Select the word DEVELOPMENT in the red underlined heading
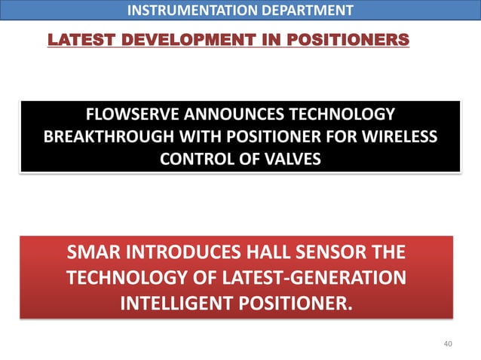coord(167,38)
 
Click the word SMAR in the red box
coord(94,252)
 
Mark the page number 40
coord(449,344)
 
